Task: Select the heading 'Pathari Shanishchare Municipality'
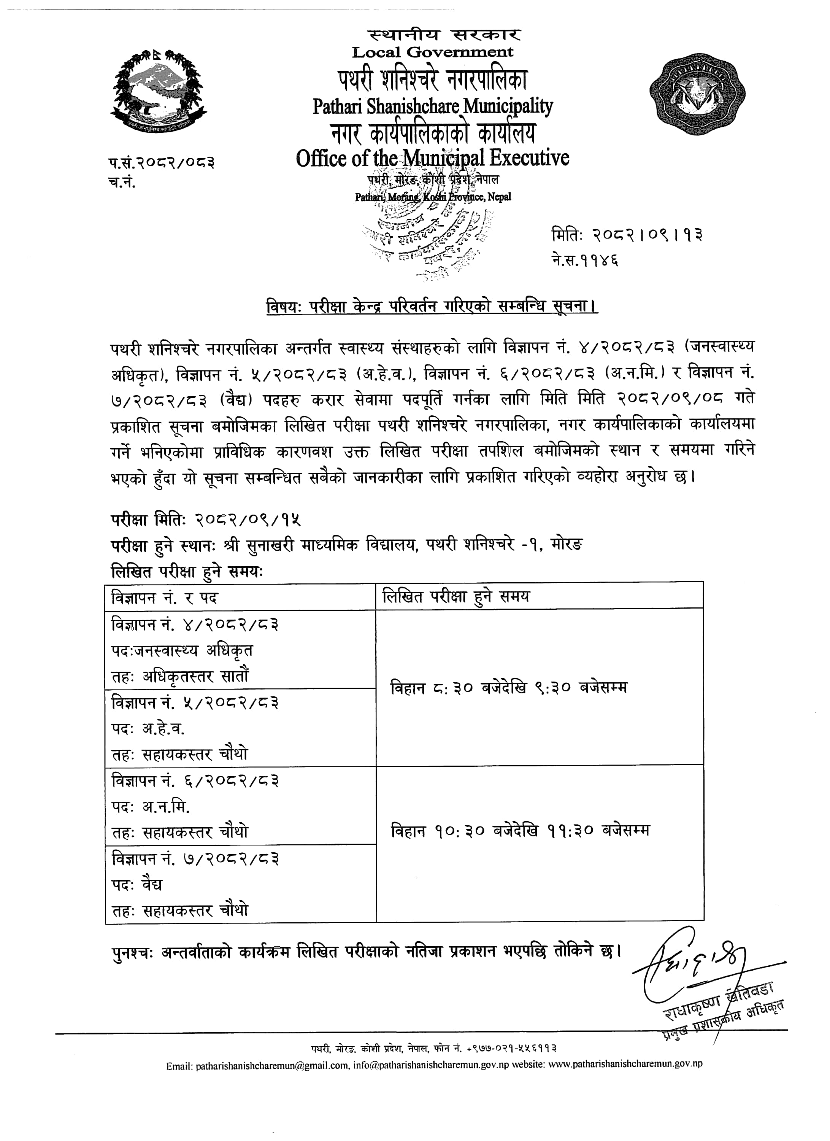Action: click(433, 106)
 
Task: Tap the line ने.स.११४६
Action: click(585, 261)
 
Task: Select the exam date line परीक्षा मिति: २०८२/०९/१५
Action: click(206, 519)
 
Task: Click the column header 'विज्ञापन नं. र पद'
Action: click(165, 598)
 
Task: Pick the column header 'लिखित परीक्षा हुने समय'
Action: click(456, 597)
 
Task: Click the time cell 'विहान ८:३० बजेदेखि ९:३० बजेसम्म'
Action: click(509, 688)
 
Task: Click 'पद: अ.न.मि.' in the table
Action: click(151, 807)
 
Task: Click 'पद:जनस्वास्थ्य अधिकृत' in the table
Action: click(182, 650)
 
